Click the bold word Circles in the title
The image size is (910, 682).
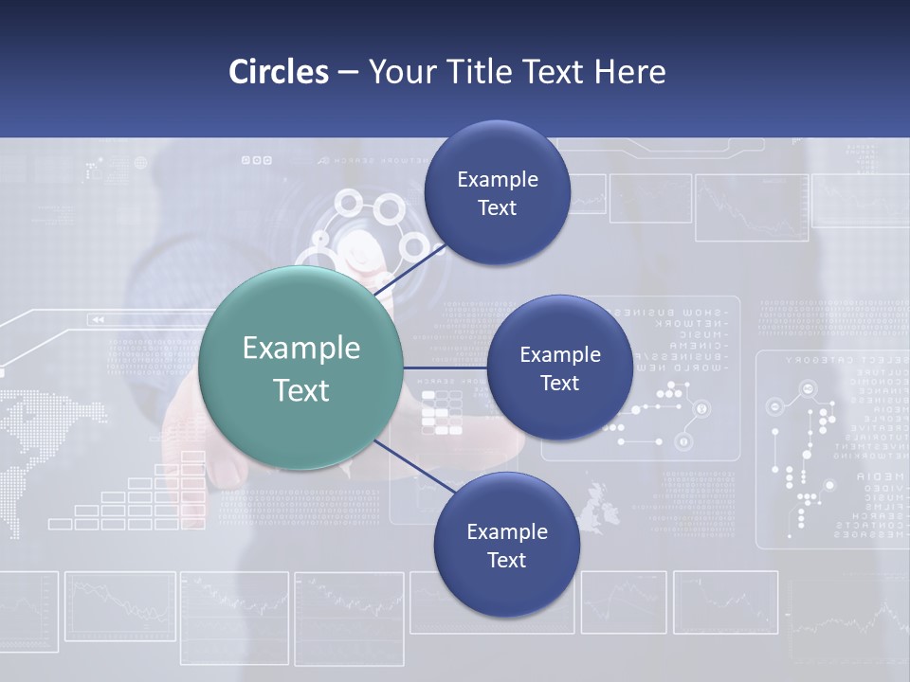tap(279, 72)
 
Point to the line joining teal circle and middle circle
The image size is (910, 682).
tap(445, 368)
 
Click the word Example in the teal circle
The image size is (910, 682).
tap(301, 349)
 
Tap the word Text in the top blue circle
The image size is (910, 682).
tap(497, 208)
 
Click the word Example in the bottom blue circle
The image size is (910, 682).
tap(506, 531)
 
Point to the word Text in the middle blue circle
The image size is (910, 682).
tap(559, 383)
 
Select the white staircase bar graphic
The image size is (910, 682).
tap(142, 497)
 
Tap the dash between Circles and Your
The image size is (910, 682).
tap(348, 72)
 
